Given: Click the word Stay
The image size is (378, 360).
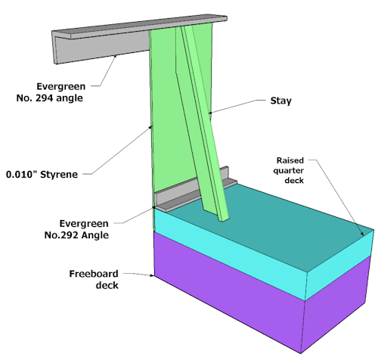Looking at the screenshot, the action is coord(280,101).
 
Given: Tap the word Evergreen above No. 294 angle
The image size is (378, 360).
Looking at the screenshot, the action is coord(61,86).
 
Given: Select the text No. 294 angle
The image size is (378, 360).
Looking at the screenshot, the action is coord(50,98).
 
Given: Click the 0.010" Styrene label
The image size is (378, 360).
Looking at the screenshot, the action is coord(42,174).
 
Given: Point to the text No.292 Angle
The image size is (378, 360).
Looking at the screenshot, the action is coord(76,235).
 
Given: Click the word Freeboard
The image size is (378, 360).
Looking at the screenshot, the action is coord(94,274).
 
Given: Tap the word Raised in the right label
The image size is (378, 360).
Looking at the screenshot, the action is coord(290,160).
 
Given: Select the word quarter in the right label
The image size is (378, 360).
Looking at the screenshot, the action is coord(289,171).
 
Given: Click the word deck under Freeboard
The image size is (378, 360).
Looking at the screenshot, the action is coord(107,285).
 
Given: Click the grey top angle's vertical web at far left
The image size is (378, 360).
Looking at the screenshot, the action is coord(101,49).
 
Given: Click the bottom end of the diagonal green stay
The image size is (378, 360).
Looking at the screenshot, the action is coord(224,220).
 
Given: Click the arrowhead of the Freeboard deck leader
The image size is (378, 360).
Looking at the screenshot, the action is coord(152,275).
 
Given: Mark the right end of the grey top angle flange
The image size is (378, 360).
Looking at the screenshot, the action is coord(227,18).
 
